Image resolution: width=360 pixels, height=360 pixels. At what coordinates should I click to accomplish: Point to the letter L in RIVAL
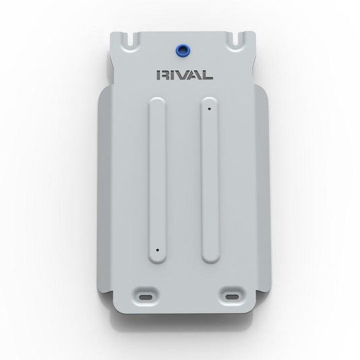tap(209, 75)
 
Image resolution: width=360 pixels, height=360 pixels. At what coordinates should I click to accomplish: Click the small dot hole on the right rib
tap(210, 108)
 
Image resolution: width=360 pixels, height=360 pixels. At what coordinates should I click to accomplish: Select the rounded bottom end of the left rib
tap(156, 259)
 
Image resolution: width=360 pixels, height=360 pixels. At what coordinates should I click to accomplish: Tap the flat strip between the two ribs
tap(182, 182)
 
